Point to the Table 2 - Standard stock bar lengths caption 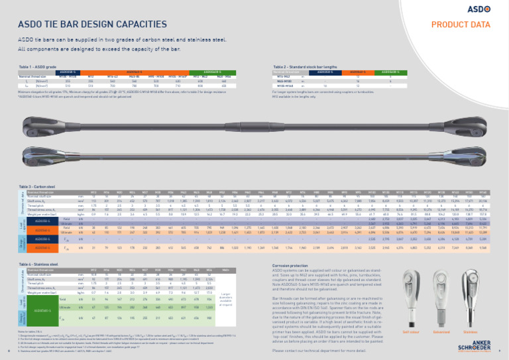tap(304, 67)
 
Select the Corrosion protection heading tap(292, 264)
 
